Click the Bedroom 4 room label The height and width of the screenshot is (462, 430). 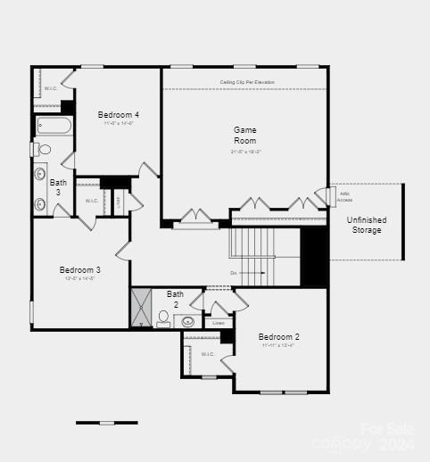(x=118, y=115)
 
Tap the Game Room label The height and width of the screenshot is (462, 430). (x=245, y=136)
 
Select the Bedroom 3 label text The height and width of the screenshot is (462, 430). (x=79, y=270)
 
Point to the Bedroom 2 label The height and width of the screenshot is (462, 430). (x=278, y=337)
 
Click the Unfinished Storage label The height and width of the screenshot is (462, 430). (x=366, y=225)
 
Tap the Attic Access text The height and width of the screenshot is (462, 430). (x=344, y=196)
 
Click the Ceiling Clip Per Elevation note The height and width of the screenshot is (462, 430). (x=247, y=82)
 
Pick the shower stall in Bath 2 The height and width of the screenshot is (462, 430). (x=142, y=308)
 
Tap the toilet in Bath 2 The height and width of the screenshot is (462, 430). (x=164, y=318)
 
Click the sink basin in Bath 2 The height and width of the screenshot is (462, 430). (x=188, y=322)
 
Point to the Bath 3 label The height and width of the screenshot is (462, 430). (x=58, y=187)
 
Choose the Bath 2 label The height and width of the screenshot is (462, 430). (x=175, y=299)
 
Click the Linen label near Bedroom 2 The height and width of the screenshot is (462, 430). (x=218, y=323)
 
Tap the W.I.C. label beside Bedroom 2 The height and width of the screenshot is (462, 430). (x=207, y=354)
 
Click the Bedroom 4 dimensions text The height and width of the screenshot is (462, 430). (x=118, y=124)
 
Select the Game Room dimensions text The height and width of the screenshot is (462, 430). (x=245, y=152)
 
